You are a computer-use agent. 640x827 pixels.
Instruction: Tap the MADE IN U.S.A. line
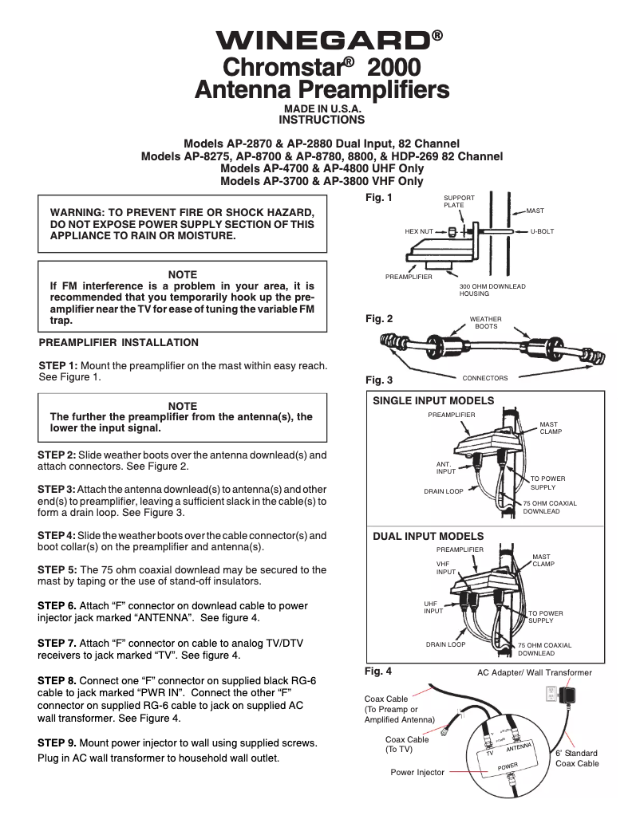[x=321, y=109]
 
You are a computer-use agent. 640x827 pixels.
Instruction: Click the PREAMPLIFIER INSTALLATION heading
[x=119, y=342]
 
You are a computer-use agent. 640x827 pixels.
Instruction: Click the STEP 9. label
[x=57, y=742]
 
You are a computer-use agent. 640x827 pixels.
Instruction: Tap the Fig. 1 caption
[x=379, y=197]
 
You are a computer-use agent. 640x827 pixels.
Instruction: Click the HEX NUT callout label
[x=418, y=231]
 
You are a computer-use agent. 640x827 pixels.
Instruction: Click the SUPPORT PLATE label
[x=459, y=201]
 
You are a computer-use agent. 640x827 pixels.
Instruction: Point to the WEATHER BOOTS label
[x=486, y=323]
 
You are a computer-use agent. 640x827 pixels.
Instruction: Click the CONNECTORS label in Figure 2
[x=485, y=377]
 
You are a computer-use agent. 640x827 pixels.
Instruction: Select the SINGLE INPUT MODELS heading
[x=433, y=400]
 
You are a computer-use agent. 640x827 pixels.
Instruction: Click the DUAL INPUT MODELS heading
[x=429, y=536]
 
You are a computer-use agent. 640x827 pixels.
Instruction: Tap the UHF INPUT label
[x=433, y=608]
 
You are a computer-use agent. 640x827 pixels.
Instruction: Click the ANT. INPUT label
[x=445, y=467]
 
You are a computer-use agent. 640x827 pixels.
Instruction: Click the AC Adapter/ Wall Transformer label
[x=535, y=672]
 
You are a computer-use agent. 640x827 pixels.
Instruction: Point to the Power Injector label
[x=417, y=772]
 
